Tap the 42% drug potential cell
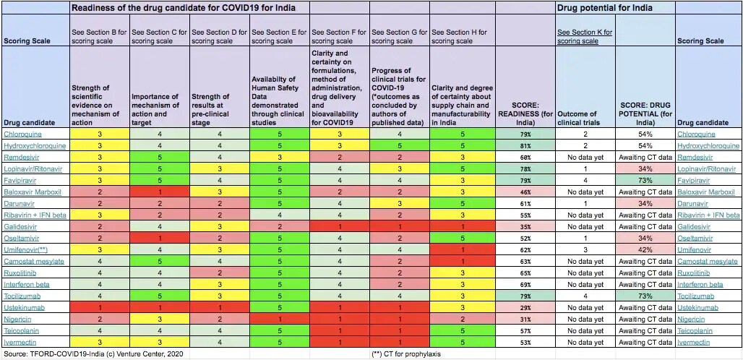click(x=645, y=250)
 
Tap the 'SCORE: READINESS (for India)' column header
click(x=525, y=113)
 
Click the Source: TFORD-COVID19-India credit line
click(x=93, y=353)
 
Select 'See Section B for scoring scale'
click(x=99, y=36)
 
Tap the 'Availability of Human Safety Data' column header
click(x=278, y=100)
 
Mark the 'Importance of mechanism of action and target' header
click(x=155, y=109)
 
